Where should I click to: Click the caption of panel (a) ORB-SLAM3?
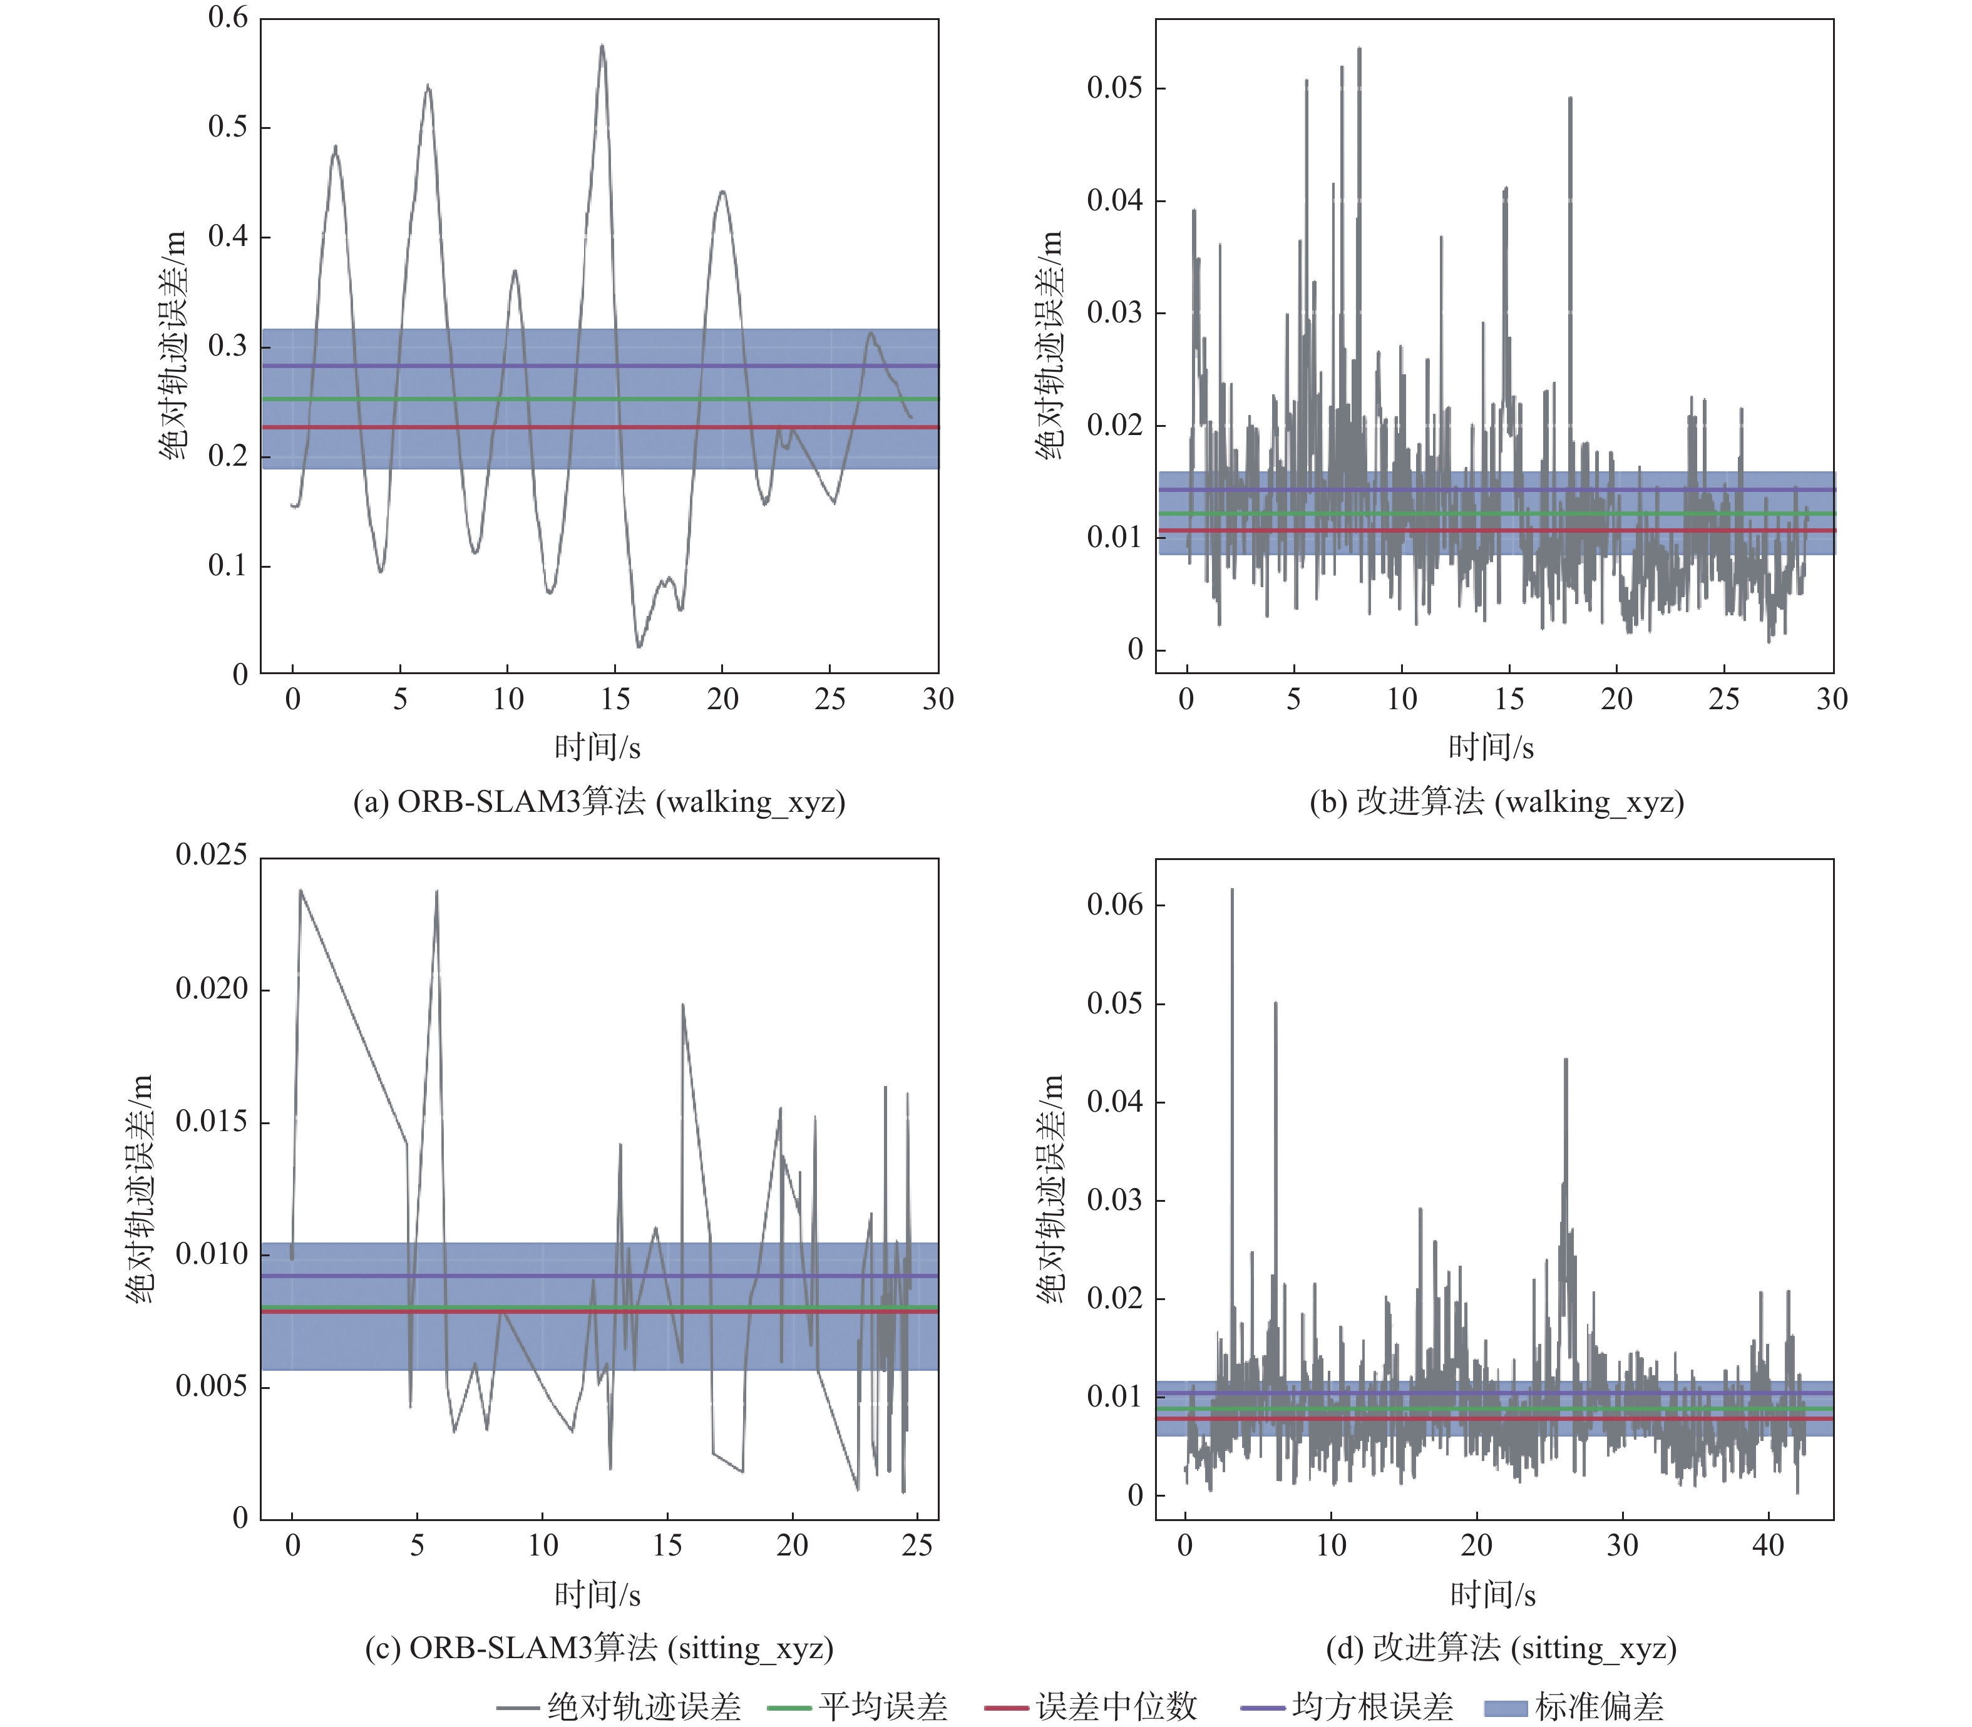[598, 802]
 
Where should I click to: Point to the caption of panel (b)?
[1496, 802]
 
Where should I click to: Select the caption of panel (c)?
[598, 1648]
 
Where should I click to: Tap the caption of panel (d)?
[1501, 1648]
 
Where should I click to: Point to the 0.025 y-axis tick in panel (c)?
[211, 855]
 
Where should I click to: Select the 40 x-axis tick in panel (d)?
[1768, 1546]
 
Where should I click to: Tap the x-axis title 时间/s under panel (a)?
[598, 747]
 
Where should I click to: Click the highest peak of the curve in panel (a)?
[602, 45]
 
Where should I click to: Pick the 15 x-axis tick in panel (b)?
[1508, 699]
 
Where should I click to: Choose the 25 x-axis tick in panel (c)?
[917, 1546]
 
